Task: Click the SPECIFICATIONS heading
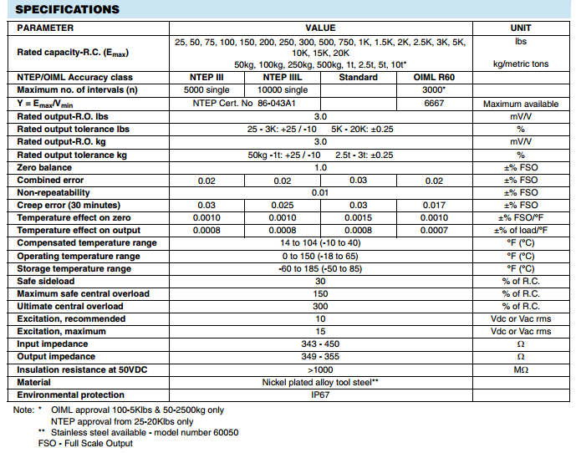68,9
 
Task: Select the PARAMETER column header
45,28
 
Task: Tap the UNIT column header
520,28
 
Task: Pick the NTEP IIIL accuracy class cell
282,77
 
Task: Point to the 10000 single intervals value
282,90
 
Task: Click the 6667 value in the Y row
433,104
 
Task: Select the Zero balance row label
44,167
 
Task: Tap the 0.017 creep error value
433,206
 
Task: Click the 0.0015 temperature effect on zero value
358,218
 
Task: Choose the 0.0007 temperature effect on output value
433,231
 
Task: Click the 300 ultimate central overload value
320,307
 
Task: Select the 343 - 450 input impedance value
320,344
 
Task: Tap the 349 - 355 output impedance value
320,357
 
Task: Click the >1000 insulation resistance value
320,369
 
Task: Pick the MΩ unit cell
520,369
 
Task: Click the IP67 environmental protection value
320,394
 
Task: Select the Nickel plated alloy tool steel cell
320,382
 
